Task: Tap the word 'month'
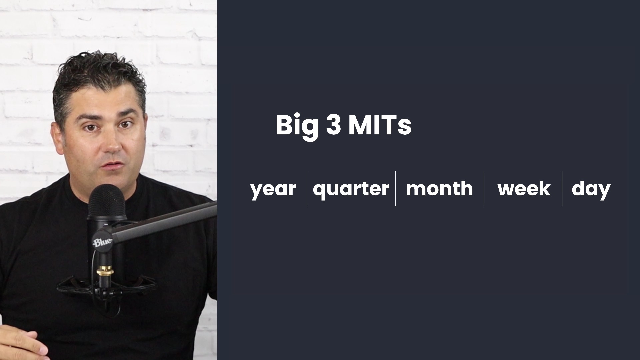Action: [x=439, y=188]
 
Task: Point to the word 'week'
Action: [x=524, y=188]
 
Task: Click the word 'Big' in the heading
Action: [x=297, y=126]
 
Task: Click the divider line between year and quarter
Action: [x=307, y=188]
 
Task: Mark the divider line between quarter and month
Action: [x=395, y=188]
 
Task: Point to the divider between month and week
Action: [x=484, y=188]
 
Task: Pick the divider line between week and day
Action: [x=562, y=188]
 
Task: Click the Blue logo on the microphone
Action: [x=102, y=242]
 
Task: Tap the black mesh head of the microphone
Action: [x=106, y=202]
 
